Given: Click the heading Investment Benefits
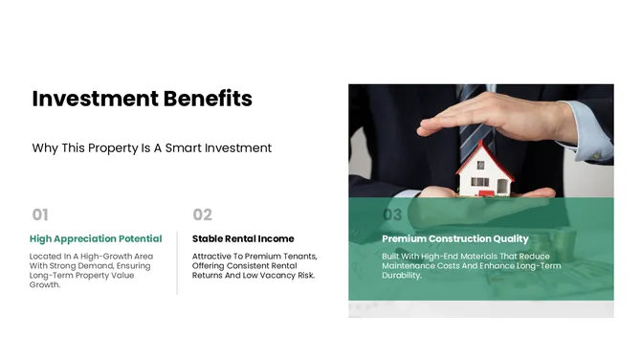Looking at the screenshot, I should (x=142, y=99).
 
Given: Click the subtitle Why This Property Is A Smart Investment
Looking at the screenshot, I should (x=152, y=148).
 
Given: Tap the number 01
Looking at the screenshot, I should (x=40, y=214).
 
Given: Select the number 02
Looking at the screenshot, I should (x=202, y=214).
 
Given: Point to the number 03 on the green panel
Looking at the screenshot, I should (x=392, y=214).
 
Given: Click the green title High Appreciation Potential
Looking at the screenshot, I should (x=96, y=238).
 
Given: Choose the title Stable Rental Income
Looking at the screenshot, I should (x=243, y=238).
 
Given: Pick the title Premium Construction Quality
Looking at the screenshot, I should (x=454, y=238).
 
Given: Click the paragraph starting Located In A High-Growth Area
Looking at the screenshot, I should (x=92, y=270).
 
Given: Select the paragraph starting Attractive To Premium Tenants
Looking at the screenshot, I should (x=254, y=265).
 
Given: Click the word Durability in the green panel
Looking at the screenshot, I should (x=402, y=276).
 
